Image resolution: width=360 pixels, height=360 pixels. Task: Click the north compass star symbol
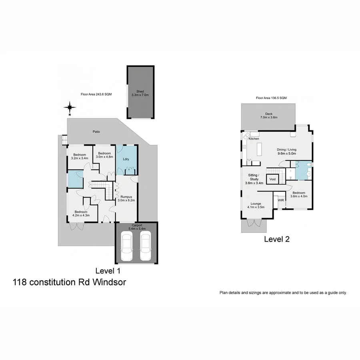coord(70,107)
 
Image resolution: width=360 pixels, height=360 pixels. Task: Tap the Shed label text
coord(140,93)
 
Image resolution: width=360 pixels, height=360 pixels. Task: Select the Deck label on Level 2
coord(269,114)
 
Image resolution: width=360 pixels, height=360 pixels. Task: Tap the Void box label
coord(273,179)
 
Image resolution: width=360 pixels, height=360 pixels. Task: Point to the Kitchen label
coord(254,138)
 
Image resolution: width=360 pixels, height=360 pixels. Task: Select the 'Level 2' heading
coord(276,240)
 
